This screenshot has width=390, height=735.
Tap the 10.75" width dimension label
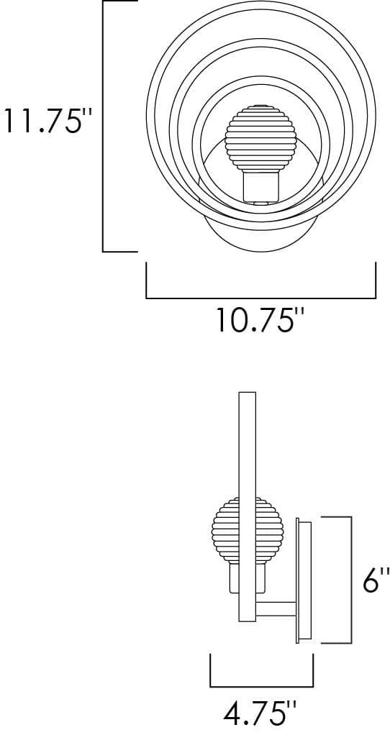(256, 319)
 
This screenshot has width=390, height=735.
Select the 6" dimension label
(371, 580)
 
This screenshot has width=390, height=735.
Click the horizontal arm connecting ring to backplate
(277, 608)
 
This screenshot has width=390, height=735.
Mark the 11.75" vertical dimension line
(104, 127)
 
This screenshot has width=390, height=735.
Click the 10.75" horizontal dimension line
(260, 298)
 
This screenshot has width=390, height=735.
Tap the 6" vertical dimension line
(350, 580)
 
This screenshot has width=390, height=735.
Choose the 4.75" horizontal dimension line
(261, 685)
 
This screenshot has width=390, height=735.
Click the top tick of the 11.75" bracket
(120, 2)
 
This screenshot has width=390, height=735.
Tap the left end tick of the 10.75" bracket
(147, 280)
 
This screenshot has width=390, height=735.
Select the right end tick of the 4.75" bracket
(312, 670)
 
